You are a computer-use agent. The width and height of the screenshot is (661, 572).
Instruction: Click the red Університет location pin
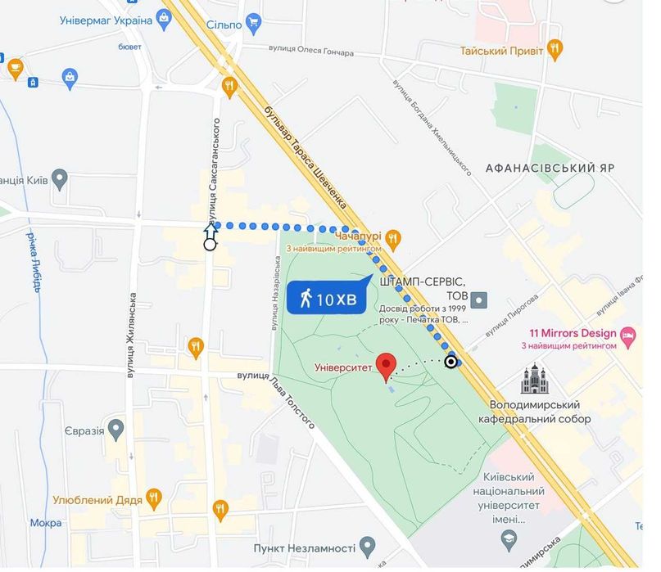(386, 366)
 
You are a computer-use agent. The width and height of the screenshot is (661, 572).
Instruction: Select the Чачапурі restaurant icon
(393, 238)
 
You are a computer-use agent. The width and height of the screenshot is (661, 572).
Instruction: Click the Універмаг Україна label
(106, 20)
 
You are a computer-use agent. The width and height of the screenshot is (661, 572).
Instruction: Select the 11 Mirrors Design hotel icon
(628, 335)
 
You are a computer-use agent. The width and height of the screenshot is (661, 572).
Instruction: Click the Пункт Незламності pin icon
(368, 545)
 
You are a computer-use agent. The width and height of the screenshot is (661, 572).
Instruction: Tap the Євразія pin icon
(116, 427)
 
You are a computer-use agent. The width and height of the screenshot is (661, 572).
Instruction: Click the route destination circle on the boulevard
(450, 362)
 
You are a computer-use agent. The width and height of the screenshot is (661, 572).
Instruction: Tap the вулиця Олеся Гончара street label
(311, 52)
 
